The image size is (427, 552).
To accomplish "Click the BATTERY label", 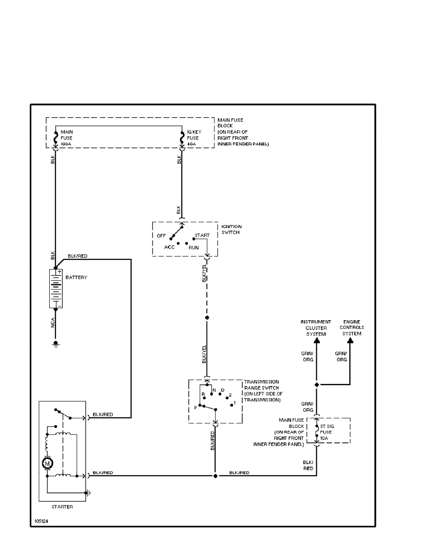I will point(76,277).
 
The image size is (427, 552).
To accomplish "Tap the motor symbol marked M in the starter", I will point(47,462).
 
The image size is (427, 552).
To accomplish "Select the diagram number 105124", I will point(40,521).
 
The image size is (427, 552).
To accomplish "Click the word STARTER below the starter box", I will point(62,507).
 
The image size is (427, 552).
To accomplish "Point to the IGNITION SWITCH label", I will point(231,230).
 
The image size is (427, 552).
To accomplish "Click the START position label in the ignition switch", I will point(202,236).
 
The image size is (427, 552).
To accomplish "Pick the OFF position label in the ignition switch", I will point(161,236).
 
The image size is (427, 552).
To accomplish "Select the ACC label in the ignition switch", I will point(169,247).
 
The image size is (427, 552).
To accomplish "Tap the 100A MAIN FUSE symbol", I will point(55,138).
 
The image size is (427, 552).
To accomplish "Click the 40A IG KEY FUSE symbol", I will point(182,138).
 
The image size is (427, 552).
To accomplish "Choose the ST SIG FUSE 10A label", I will point(326,432).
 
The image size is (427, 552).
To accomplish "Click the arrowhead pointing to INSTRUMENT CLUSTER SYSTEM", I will point(316,341).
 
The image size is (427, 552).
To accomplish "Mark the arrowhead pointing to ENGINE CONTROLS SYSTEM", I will point(350,341).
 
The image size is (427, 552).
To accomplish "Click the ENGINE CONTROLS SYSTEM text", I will point(352,328).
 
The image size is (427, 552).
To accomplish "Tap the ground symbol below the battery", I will point(55,344).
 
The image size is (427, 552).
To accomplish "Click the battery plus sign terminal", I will point(60,271).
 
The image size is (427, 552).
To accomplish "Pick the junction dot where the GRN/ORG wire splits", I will point(316,385).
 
